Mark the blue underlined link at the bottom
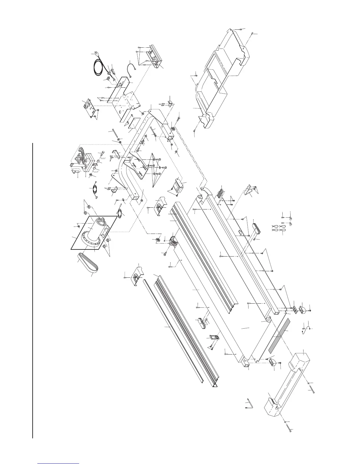[x=59, y=463]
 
